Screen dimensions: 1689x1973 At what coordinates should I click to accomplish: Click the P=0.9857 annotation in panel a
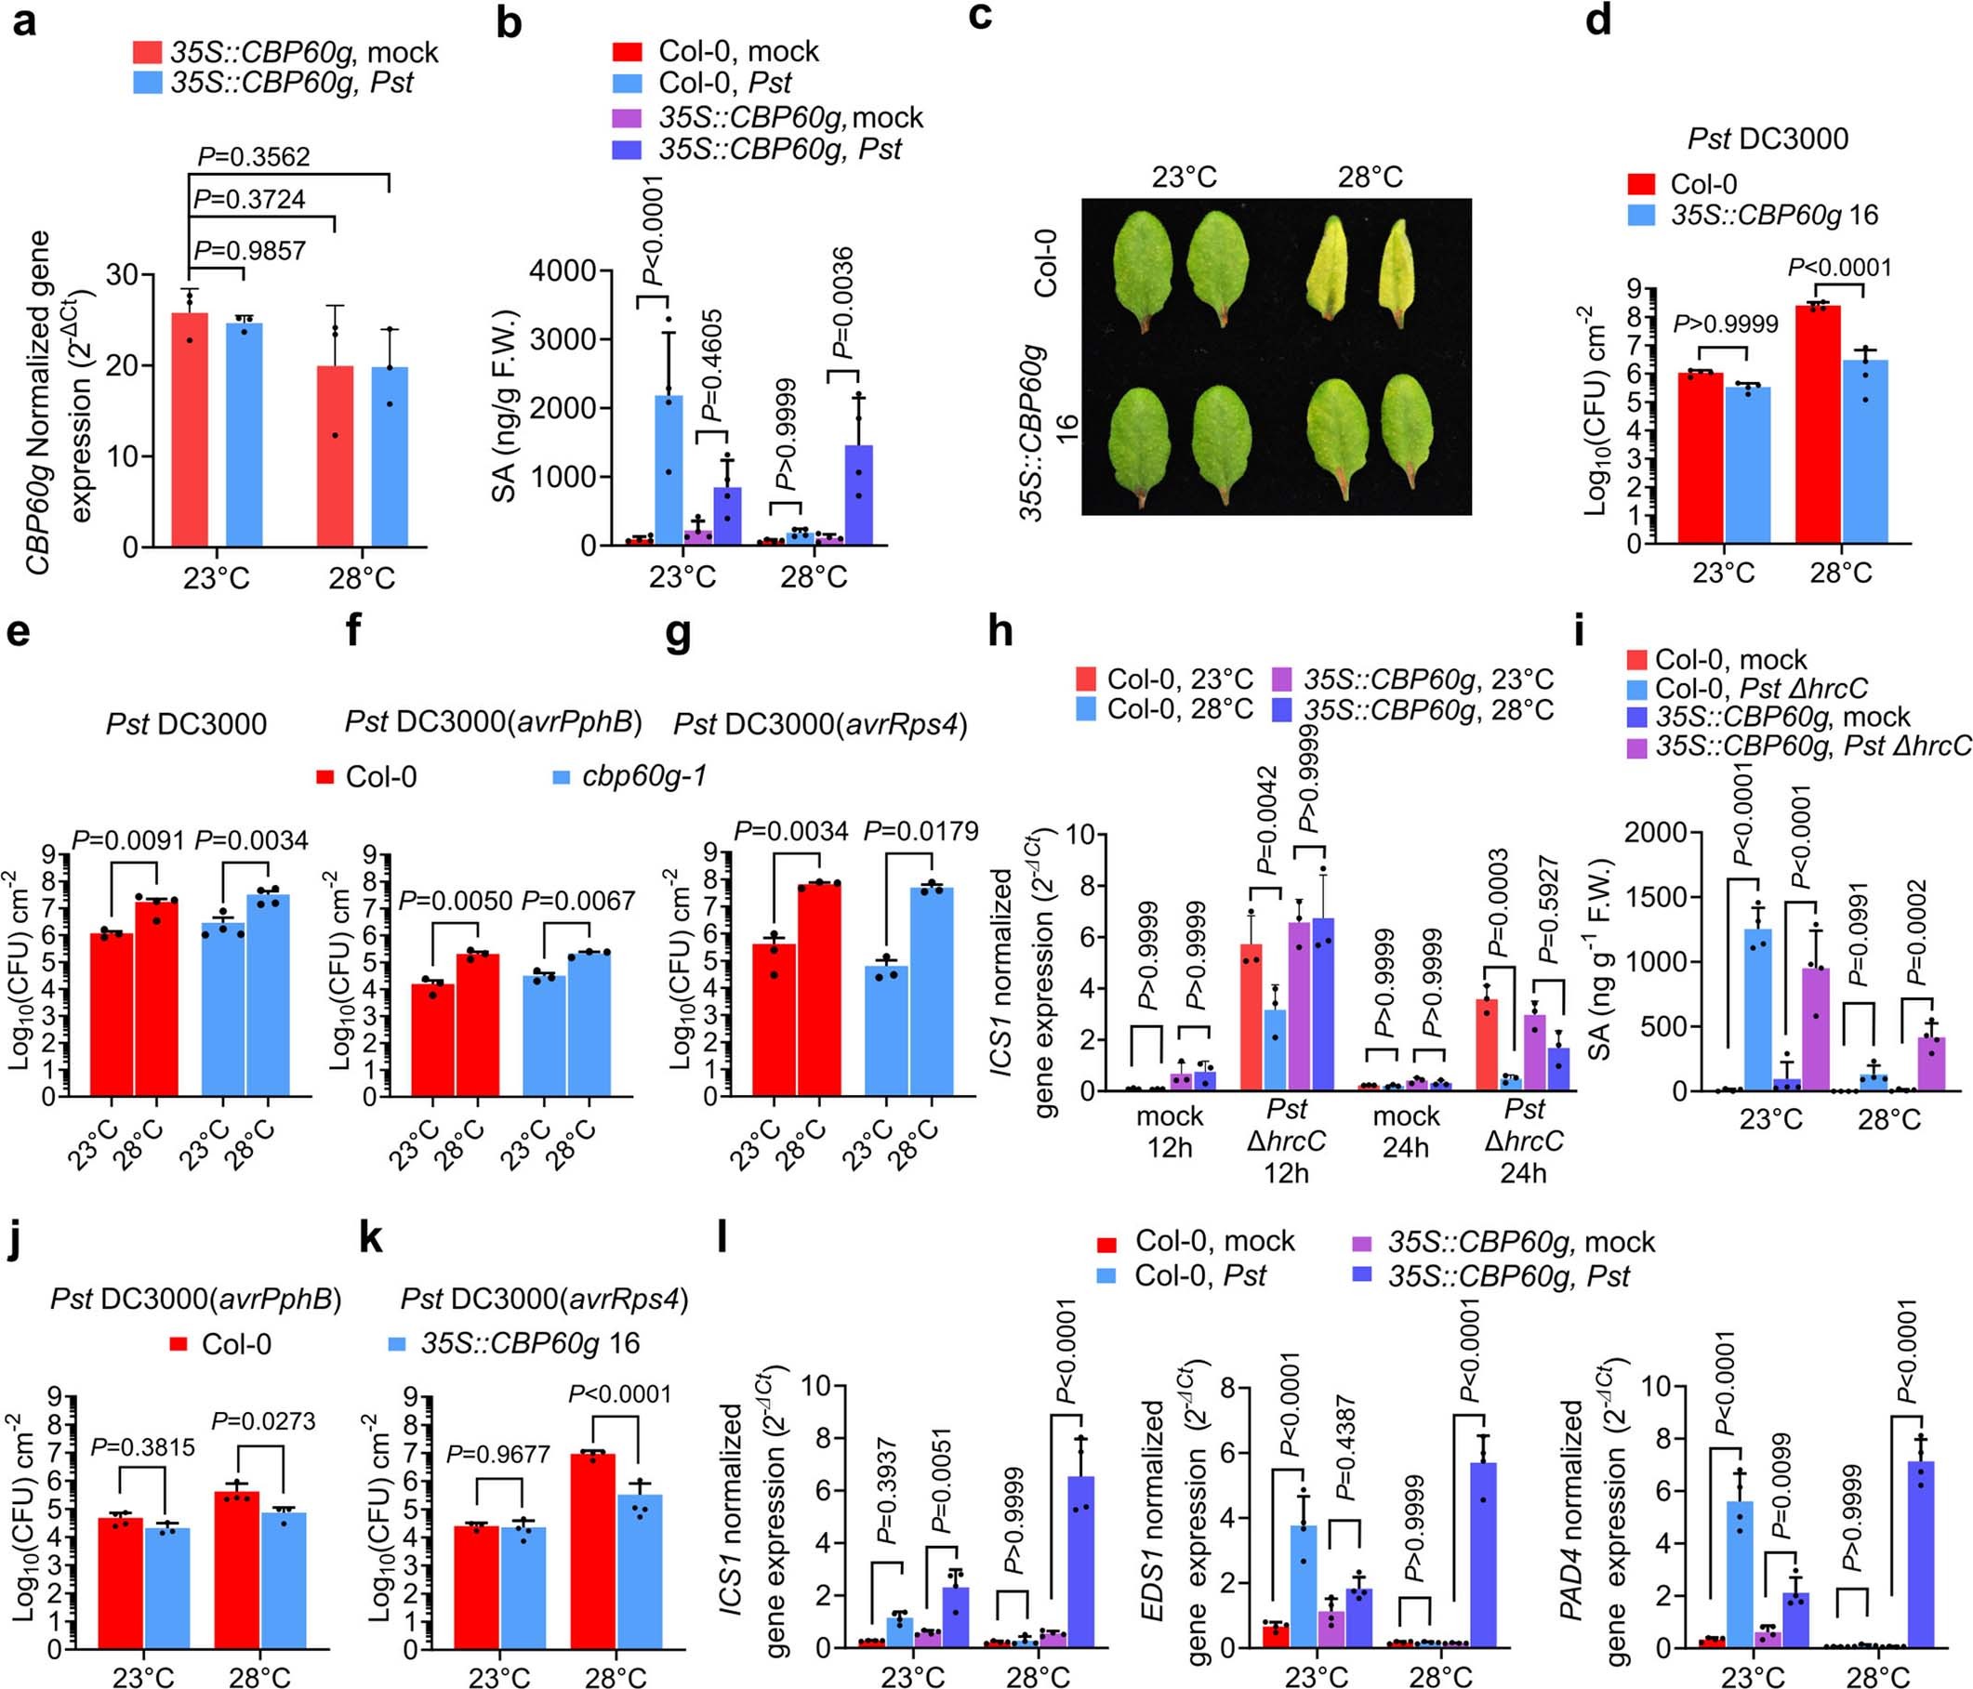pyautogui.click(x=250, y=250)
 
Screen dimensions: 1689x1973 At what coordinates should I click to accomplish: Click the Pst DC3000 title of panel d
pyautogui.click(x=1768, y=139)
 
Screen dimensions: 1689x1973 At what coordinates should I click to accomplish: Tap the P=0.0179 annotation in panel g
pyautogui.click(x=920, y=831)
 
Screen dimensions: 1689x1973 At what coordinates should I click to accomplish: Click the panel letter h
pyautogui.click(x=1000, y=633)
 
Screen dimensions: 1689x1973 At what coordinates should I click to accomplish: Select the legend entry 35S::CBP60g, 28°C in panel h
pyautogui.click(x=1428, y=709)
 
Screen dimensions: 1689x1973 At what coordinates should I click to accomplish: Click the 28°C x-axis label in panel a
pyautogui.click(x=362, y=579)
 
